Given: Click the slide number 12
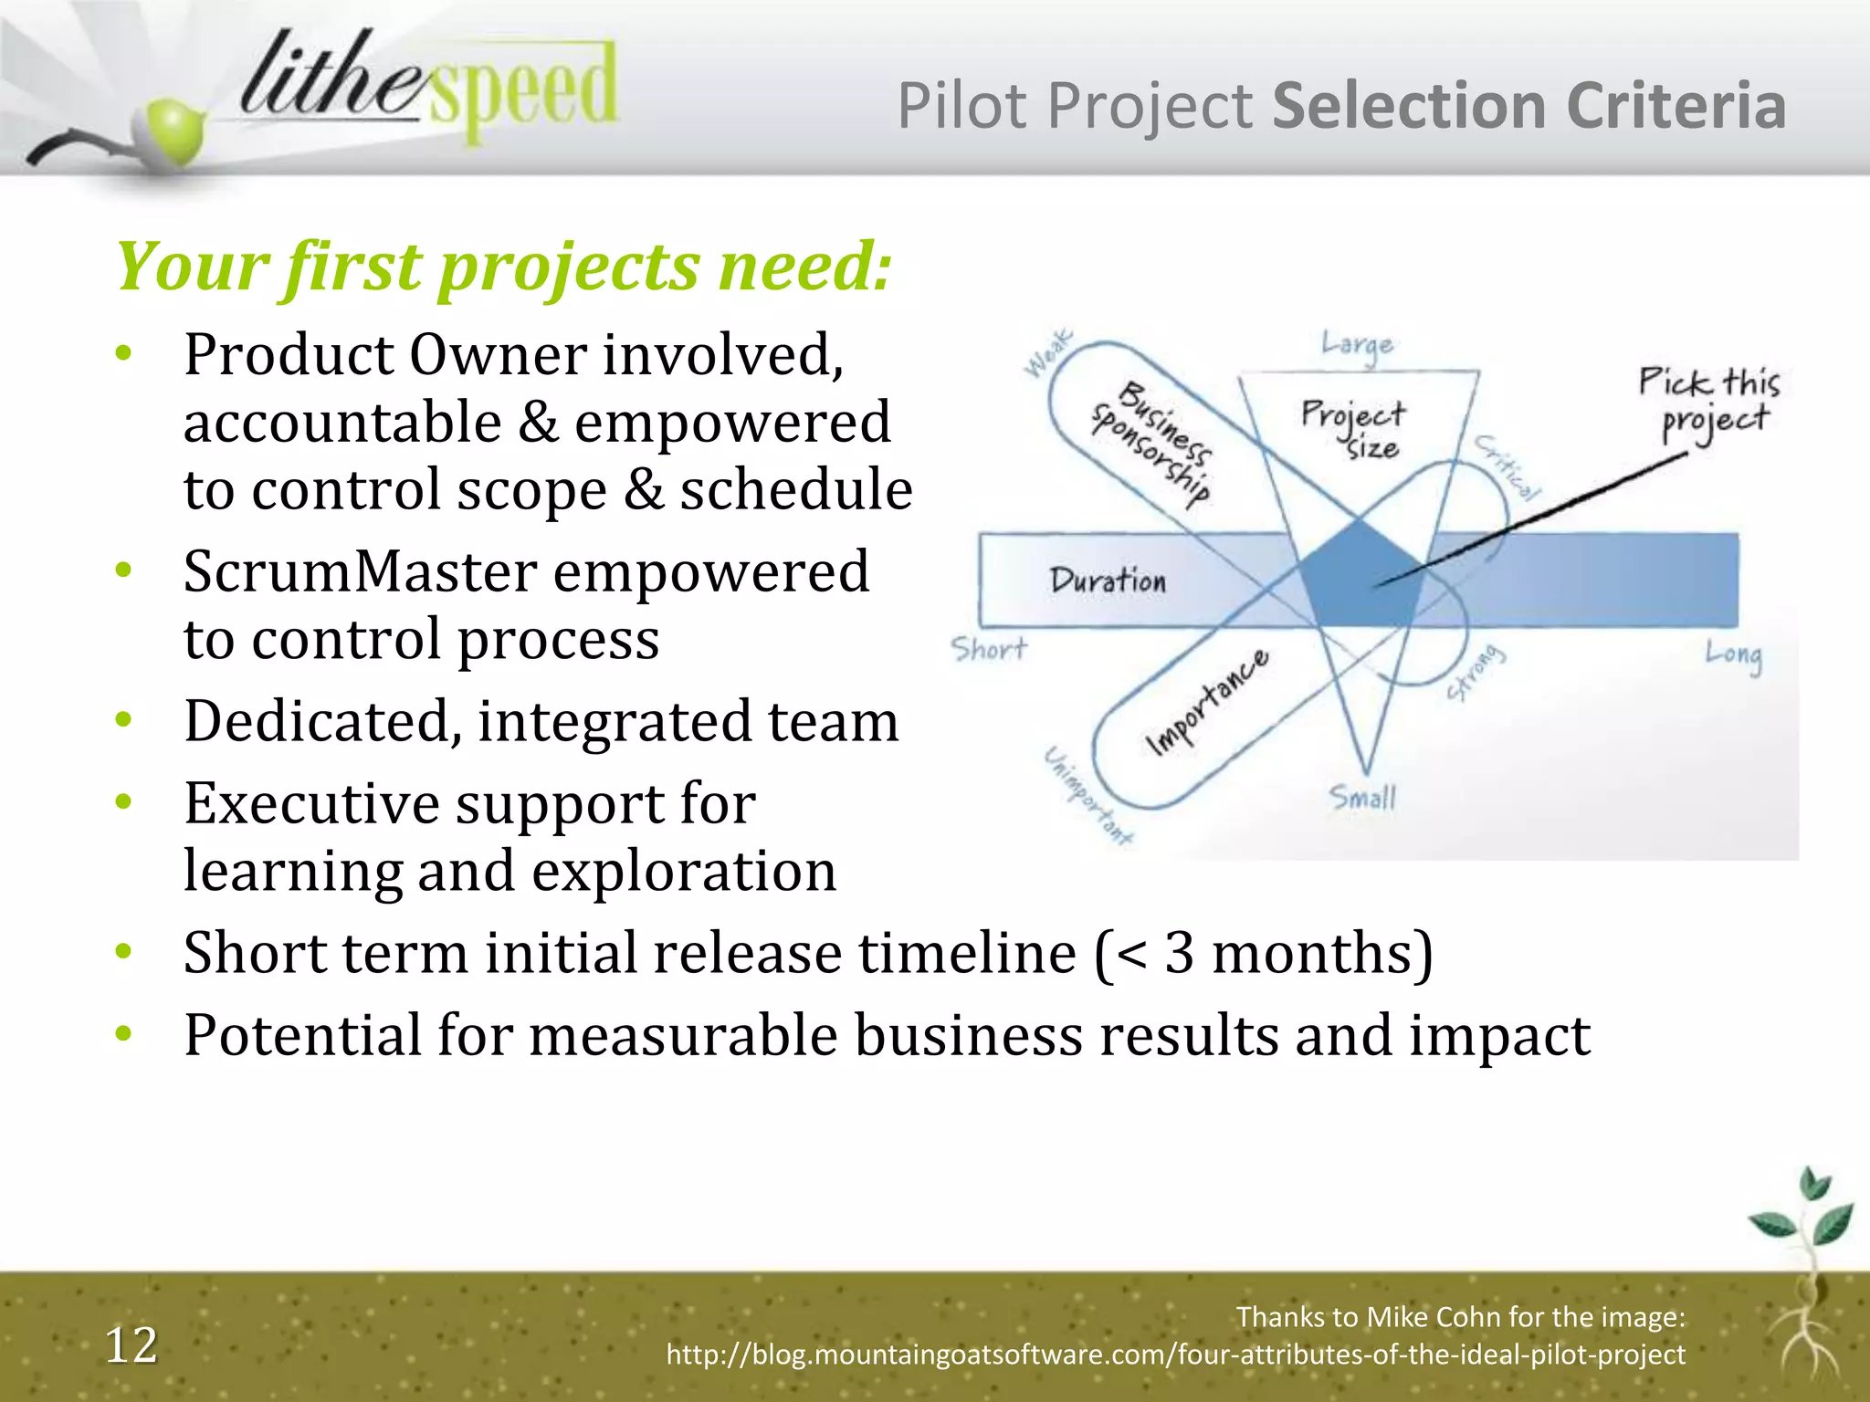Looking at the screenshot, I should [x=131, y=1345].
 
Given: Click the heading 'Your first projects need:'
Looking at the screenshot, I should [x=503, y=267].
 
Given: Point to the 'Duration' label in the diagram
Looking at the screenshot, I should [x=1108, y=581].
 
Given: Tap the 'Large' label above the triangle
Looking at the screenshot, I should [x=1358, y=345].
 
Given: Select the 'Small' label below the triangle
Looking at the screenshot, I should [x=1362, y=798].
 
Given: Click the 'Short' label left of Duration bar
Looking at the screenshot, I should [x=989, y=649].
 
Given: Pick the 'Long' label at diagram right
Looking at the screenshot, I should [x=1733, y=654].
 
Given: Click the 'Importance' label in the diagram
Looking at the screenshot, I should [x=1207, y=703].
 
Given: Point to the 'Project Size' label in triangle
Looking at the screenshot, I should [x=1355, y=427].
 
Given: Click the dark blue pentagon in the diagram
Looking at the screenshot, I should [x=1360, y=575].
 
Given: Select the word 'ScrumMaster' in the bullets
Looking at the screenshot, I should [x=359, y=572].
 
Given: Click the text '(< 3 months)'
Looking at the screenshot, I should [x=1264, y=954].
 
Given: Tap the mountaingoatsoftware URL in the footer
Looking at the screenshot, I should [x=1175, y=1355].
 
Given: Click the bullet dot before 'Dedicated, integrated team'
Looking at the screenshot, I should [x=124, y=720].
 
